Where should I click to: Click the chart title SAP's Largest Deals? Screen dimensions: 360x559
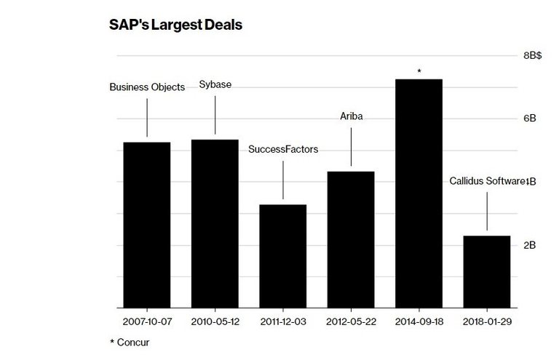[175, 25]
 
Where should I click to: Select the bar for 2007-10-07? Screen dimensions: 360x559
[147, 225]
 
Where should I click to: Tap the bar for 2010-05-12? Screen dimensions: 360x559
[215, 223]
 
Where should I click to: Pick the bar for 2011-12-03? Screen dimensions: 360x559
[283, 256]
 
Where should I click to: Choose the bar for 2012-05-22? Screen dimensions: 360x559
[351, 239]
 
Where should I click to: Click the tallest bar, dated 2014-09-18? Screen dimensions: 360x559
[419, 193]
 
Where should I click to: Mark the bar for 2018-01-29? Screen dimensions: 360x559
[486, 271]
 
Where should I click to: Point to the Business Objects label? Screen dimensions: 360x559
[147, 87]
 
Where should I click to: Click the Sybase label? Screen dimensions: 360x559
[215, 84]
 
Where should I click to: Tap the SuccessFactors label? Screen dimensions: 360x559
[283, 150]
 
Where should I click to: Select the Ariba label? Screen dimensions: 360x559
[351, 116]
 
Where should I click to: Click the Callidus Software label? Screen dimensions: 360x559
[486, 181]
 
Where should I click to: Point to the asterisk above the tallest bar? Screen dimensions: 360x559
[419, 71]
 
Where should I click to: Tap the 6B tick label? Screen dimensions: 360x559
[529, 119]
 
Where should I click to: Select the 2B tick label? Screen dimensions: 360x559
[529, 245]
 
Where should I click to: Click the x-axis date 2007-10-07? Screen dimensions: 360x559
[147, 321]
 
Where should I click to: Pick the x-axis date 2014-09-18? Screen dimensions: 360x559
[419, 321]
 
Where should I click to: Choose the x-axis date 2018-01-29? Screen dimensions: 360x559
[486, 321]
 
